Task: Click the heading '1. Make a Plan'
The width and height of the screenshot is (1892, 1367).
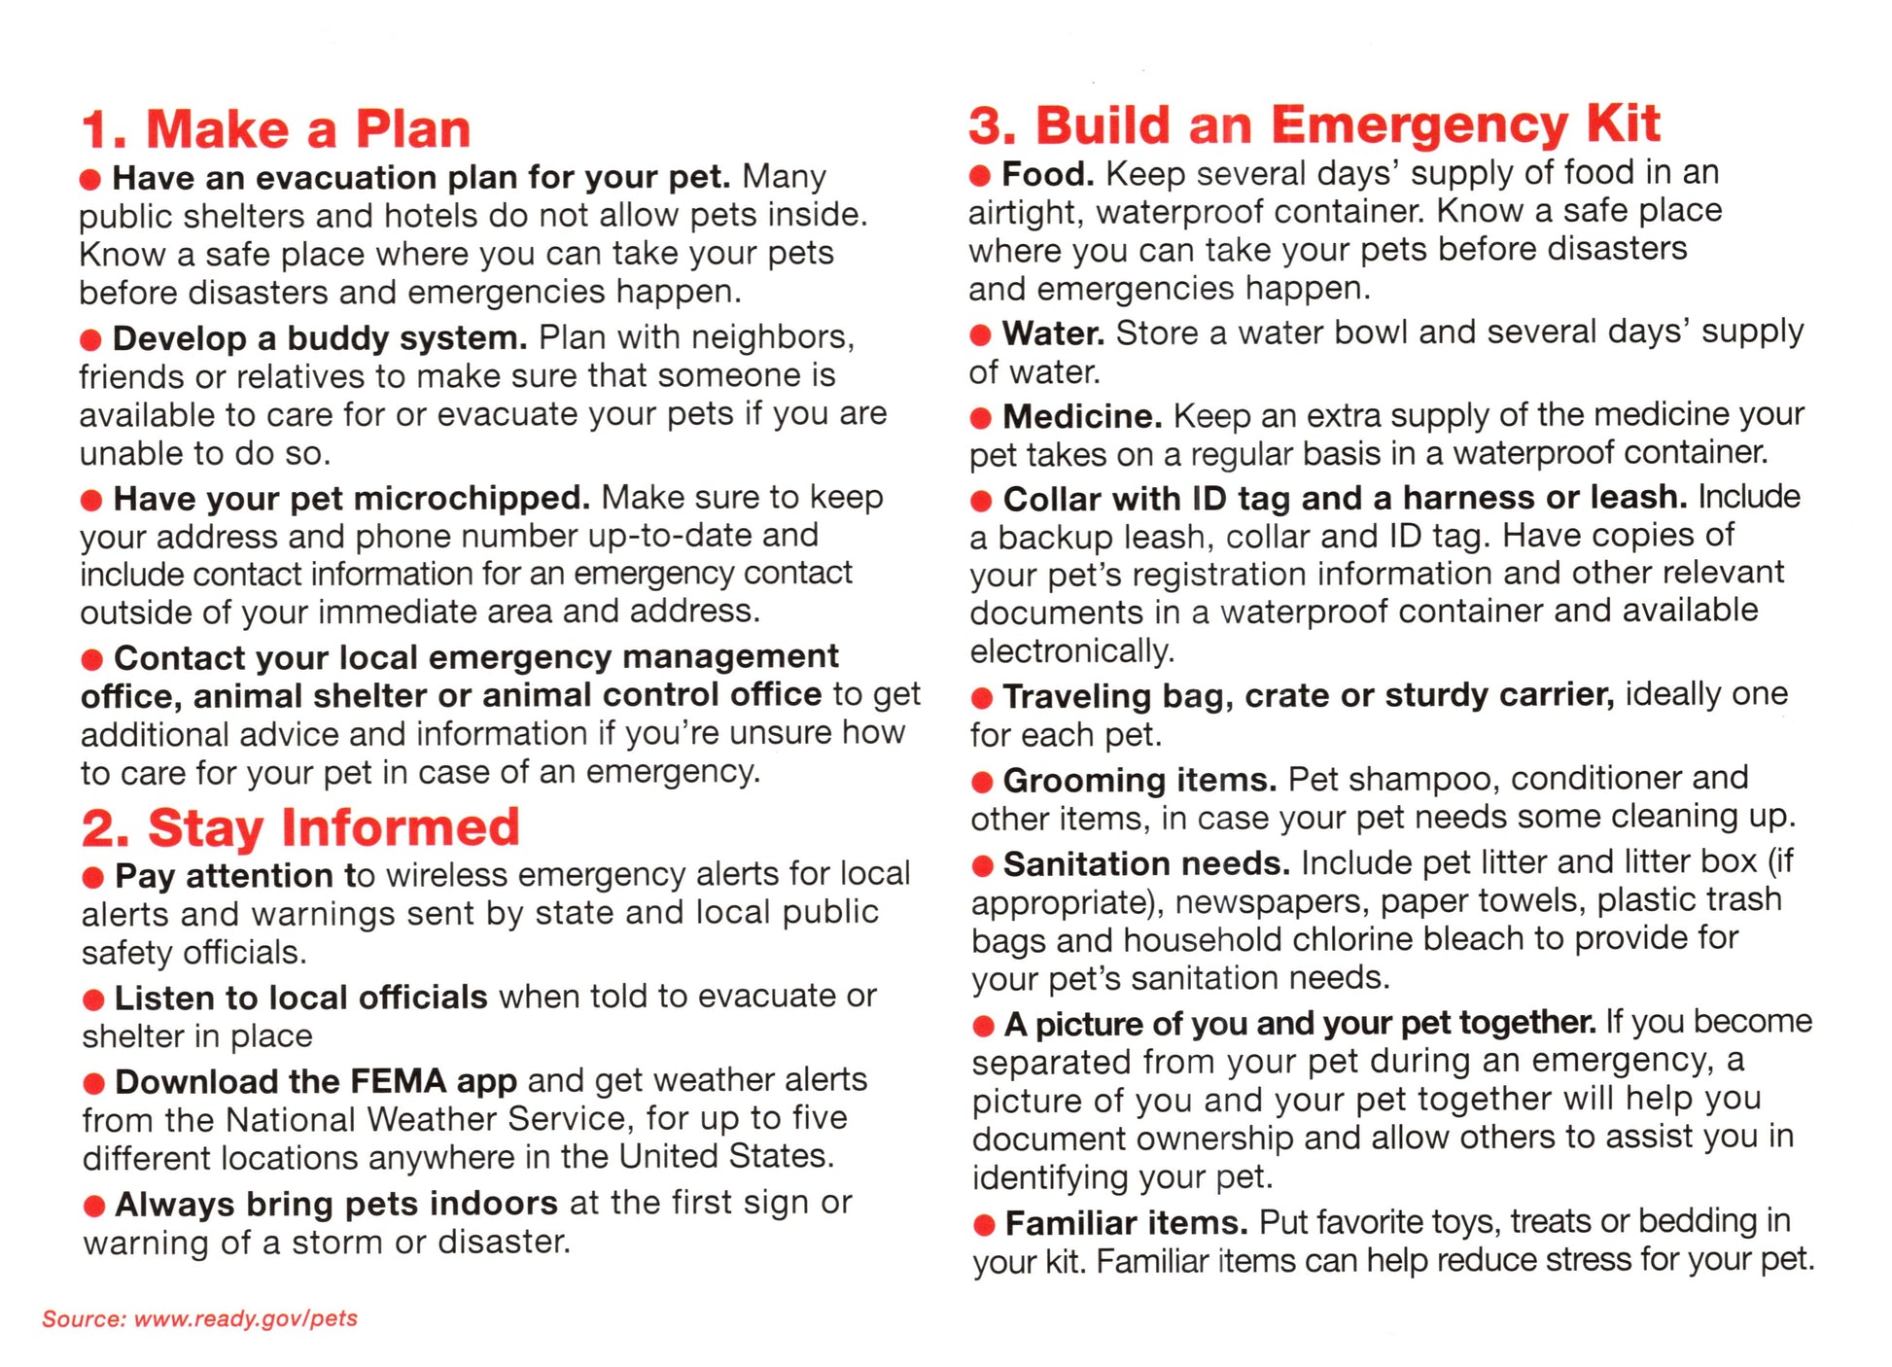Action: click(276, 129)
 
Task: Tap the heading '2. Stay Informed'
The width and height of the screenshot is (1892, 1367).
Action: click(300, 828)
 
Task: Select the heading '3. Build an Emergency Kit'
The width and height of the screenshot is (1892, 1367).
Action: click(1314, 125)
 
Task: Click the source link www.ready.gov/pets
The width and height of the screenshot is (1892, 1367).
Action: click(246, 1318)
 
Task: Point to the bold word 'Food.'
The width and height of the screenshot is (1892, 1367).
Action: click(1048, 174)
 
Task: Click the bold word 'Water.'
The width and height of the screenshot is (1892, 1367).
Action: click(1053, 333)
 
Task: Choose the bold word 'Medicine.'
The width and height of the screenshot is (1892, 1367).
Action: click(1082, 416)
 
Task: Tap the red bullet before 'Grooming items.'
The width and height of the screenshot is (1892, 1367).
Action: click(982, 781)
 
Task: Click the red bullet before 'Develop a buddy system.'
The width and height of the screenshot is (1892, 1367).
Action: click(91, 340)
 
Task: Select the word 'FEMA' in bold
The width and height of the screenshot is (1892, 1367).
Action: click(398, 1081)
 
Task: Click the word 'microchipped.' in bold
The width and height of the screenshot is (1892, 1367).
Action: click(471, 499)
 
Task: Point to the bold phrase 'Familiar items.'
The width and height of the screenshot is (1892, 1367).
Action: click(1126, 1222)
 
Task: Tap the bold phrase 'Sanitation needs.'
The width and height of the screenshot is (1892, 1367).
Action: click(1146, 863)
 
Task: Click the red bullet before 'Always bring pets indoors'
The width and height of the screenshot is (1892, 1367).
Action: click(94, 1207)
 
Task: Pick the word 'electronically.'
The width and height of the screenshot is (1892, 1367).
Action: click(1071, 650)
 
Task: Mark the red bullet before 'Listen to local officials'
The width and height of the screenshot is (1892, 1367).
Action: click(93, 999)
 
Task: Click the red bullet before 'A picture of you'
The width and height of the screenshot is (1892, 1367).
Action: click(983, 1025)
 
